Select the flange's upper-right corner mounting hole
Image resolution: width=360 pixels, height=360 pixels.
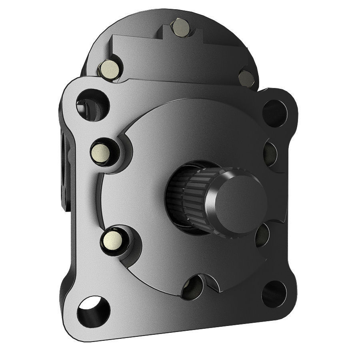276,112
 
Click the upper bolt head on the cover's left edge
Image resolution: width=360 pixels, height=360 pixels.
102,152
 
